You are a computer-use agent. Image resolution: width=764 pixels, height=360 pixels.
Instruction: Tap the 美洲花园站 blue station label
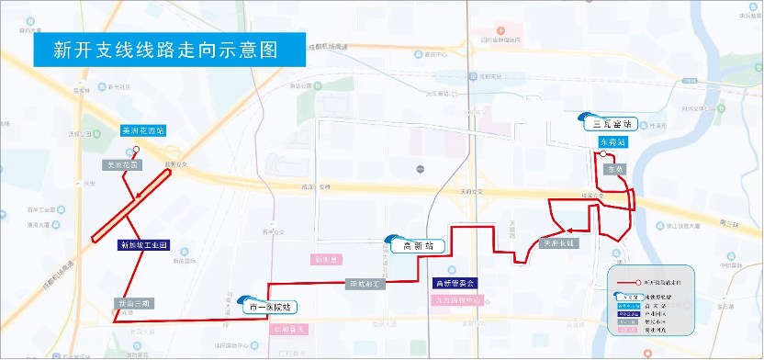[x=142, y=131]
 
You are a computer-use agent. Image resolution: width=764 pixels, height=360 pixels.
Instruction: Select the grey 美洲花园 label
[x=122, y=165]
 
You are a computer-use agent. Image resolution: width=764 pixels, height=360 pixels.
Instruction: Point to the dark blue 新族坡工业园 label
[x=144, y=246]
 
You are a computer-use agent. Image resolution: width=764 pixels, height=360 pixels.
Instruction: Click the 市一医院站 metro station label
[x=270, y=309]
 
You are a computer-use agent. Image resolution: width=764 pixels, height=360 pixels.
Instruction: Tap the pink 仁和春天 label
[x=295, y=328]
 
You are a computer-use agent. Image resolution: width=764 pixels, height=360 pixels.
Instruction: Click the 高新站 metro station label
[x=418, y=246]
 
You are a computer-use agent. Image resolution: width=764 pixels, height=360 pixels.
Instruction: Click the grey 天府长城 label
[x=557, y=244]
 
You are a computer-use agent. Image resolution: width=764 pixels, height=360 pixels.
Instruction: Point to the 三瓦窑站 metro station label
[x=612, y=124]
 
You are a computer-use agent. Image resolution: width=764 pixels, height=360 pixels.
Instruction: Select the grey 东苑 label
[x=613, y=170]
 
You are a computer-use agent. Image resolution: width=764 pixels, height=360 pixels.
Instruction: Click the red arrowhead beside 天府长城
[x=569, y=231]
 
